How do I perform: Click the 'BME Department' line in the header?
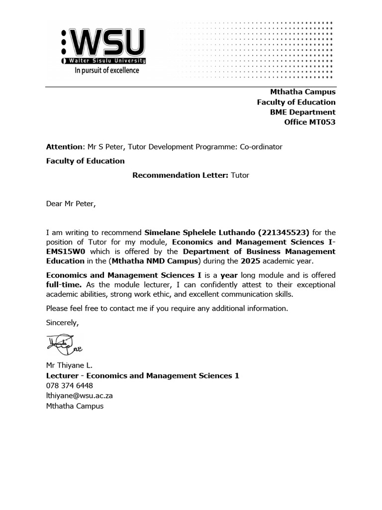302,112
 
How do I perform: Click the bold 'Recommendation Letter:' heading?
180,175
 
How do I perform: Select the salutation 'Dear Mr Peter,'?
70,204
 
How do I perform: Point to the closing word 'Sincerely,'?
62,322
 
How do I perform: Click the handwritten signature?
61,343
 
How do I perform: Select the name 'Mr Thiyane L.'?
69,366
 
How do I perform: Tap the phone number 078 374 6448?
69,385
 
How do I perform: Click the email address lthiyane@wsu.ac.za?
79,396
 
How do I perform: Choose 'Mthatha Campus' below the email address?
75,406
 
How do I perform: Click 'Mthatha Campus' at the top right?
302,92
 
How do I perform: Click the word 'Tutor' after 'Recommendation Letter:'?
240,175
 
